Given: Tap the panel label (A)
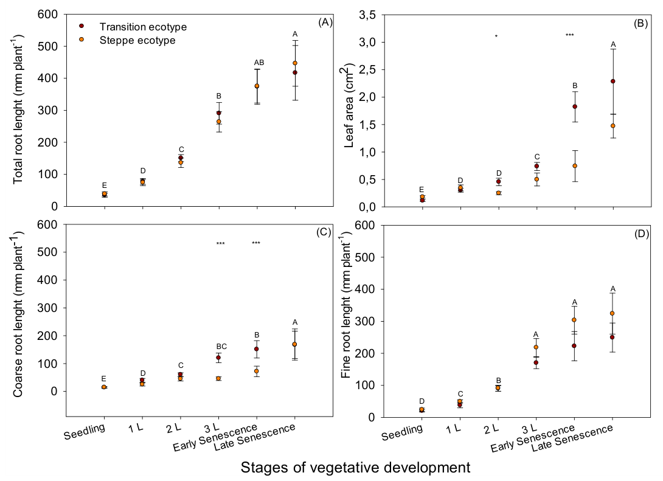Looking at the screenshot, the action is pos(325,22).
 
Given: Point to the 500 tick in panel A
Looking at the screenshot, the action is pos(48,46).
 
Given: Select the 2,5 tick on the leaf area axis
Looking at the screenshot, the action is pos(367,70).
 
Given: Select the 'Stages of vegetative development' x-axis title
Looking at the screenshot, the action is pos(356,468).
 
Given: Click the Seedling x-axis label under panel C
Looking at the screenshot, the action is pos(84,431).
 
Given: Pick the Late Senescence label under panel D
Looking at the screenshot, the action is pos(572,438).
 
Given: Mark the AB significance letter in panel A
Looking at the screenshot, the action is pos(259,63).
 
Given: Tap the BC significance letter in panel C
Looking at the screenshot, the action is pos(221,347).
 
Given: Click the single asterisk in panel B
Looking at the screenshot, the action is pos(496,36).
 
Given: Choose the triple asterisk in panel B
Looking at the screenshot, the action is pos(569,35).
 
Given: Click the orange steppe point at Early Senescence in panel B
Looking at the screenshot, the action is pos(575,165).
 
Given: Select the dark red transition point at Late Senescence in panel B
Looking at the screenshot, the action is pos(613,81).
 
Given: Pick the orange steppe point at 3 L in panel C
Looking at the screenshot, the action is pos(218,378).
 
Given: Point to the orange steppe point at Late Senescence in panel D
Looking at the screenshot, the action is pos(612,313).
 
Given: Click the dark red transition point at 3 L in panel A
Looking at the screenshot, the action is pos(218,113).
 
